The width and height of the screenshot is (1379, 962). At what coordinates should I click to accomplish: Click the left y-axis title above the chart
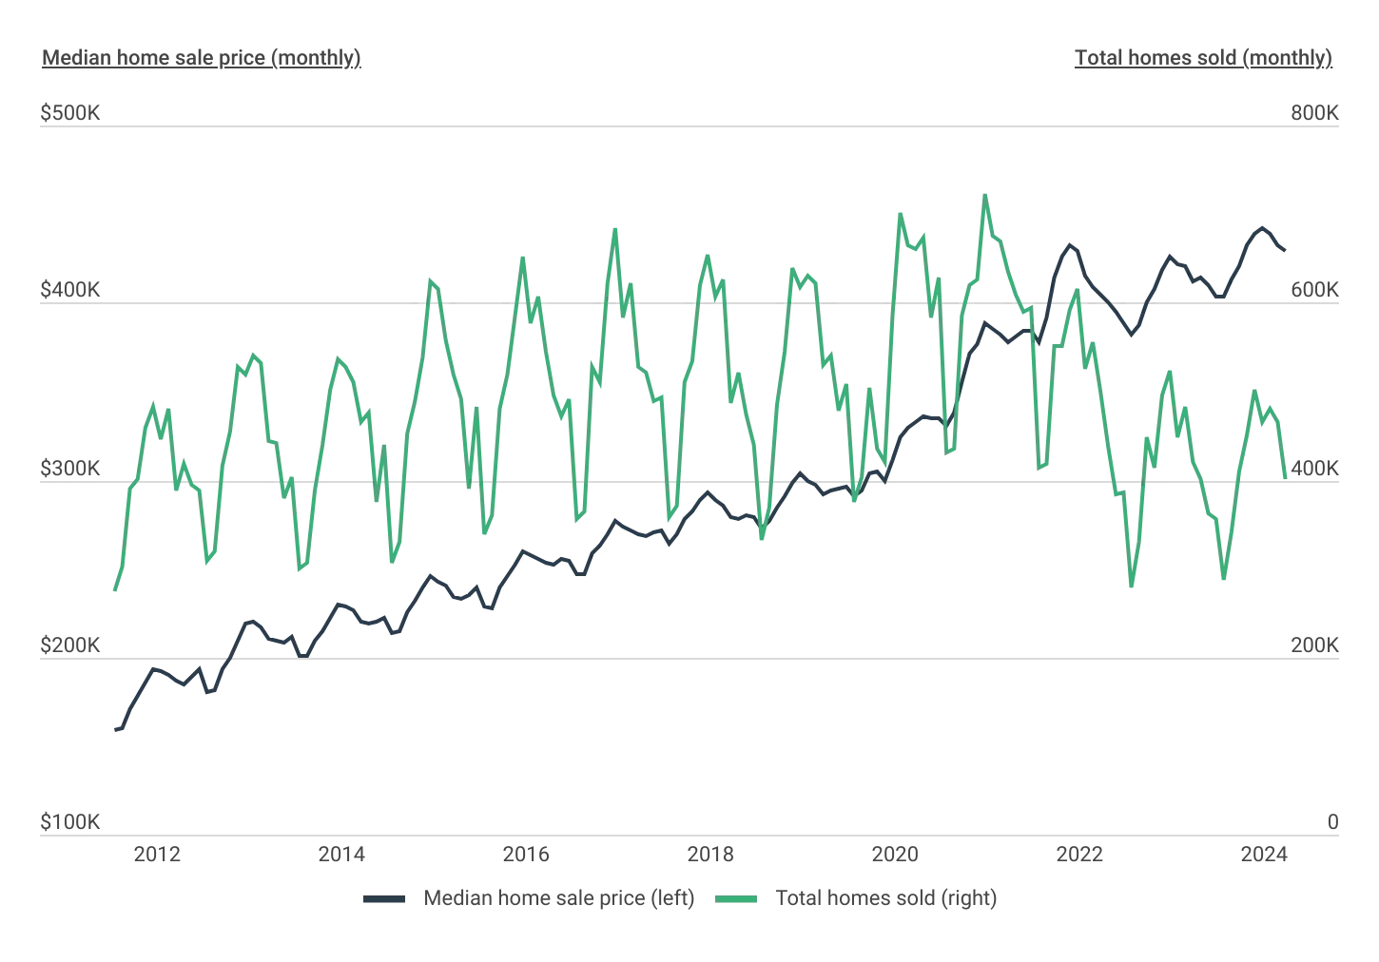[201, 59]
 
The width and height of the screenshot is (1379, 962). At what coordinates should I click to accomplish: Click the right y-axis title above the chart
[1205, 59]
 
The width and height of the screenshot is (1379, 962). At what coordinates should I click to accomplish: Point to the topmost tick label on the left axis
[70, 115]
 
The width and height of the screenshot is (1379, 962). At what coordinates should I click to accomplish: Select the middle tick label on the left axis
[70, 470]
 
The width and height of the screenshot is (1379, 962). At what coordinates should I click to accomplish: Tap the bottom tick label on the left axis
[70, 823]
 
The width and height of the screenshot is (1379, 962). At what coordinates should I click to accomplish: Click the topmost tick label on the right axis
[1311, 115]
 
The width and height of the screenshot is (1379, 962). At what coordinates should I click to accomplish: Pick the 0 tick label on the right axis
[1330, 823]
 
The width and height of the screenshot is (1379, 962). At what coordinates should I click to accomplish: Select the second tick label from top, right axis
[1311, 293]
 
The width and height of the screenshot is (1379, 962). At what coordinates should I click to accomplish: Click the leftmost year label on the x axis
[156, 857]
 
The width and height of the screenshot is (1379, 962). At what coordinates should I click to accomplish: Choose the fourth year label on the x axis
[710, 857]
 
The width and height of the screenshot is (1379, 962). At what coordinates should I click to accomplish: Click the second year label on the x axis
[340, 857]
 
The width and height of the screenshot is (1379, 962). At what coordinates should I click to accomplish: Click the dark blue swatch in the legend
[384, 897]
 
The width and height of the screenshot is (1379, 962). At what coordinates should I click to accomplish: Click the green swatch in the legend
[745, 897]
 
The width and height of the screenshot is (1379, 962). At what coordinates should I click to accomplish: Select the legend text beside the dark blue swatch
[559, 897]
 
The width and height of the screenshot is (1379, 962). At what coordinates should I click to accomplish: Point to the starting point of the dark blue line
[121, 731]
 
